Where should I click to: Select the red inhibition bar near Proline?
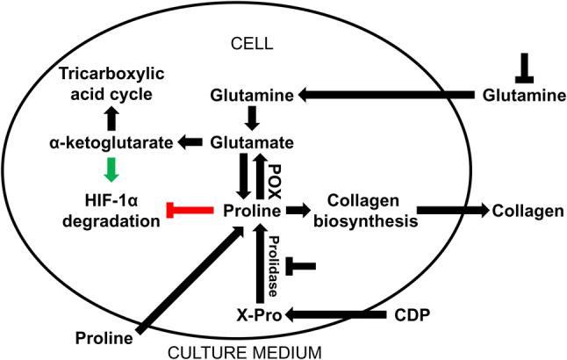click(186, 211)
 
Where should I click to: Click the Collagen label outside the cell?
click(521, 211)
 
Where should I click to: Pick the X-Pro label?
click(255, 314)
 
